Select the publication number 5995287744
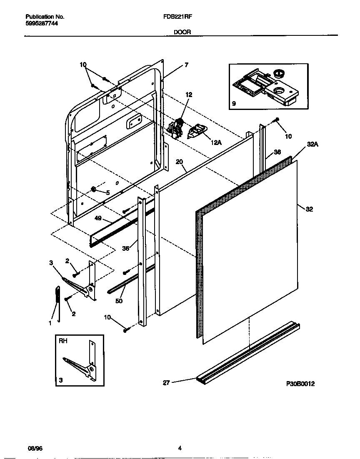42,24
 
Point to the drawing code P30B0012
300,384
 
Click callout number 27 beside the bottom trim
166,383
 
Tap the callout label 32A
312,144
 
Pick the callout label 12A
216,142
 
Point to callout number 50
119,301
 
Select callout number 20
180,162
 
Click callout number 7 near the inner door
186,65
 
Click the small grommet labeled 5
93,190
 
